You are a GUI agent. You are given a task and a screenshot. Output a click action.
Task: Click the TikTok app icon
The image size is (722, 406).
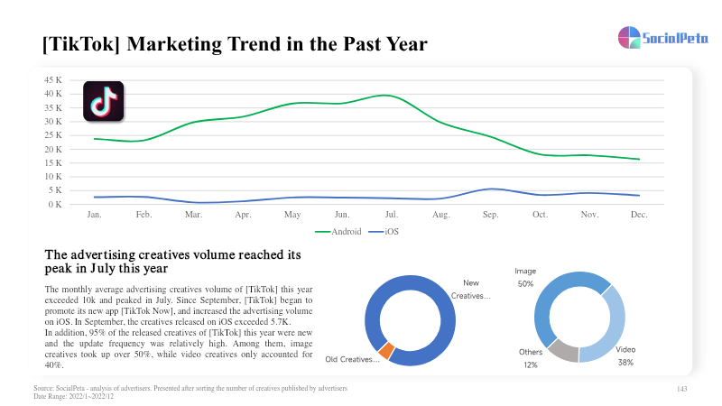pyautogui.click(x=104, y=101)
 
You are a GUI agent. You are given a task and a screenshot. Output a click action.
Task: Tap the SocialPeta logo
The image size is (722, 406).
pyautogui.click(x=663, y=37)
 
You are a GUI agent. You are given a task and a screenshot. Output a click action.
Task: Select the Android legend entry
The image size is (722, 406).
pyautogui.click(x=338, y=232)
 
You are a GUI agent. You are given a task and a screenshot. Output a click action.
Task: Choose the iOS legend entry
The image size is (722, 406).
pyautogui.click(x=384, y=232)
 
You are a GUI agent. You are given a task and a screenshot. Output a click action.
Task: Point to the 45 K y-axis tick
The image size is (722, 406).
pyautogui.click(x=53, y=80)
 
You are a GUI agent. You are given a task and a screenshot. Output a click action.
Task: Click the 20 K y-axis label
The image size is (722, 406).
pyautogui.click(x=53, y=149)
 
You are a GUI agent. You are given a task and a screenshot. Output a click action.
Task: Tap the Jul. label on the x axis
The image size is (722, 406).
pyautogui.click(x=392, y=215)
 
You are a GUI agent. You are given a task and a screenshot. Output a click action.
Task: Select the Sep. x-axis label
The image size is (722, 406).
pyautogui.click(x=490, y=215)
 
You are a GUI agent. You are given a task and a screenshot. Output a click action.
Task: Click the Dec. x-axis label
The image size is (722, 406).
pyautogui.click(x=639, y=215)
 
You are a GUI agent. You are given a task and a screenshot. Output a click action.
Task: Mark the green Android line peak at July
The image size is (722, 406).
pyautogui.click(x=386, y=96)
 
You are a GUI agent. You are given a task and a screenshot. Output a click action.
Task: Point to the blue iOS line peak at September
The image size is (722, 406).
pyautogui.click(x=492, y=189)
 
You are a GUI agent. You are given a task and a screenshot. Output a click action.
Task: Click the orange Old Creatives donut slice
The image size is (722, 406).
pyautogui.click(x=386, y=351)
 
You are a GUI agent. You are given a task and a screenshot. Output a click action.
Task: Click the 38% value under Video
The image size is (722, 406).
pyautogui.click(x=625, y=363)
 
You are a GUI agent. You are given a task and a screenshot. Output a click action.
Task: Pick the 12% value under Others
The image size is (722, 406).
pyautogui.click(x=531, y=365)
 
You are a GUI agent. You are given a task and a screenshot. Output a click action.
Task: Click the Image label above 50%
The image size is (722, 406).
pyautogui.click(x=525, y=272)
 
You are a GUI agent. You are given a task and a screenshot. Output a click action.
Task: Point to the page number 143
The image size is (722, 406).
pyautogui.click(x=682, y=389)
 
